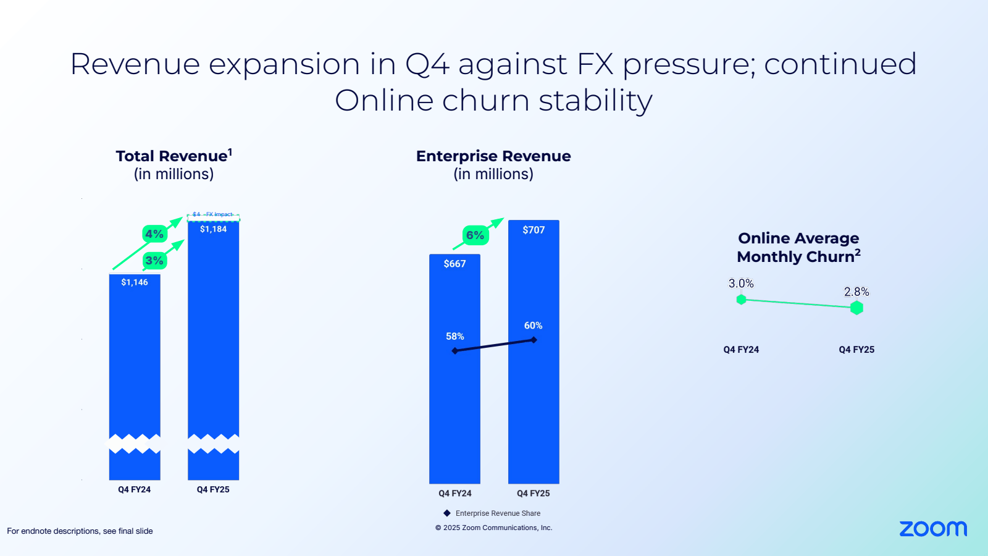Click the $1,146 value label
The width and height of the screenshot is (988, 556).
click(135, 282)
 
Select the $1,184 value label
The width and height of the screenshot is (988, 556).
click(213, 229)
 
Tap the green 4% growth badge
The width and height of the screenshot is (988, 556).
click(154, 234)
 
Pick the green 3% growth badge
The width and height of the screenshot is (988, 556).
click(154, 261)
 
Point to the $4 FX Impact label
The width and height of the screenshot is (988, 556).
click(213, 214)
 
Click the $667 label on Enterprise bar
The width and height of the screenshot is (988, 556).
click(454, 264)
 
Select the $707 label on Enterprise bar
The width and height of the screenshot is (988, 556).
click(534, 230)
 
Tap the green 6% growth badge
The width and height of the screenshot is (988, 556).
click(475, 235)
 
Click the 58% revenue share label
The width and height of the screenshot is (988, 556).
click(454, 336)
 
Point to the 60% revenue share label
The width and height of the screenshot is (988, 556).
click(533, 326)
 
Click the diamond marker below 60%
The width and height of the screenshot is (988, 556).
click(534, 340)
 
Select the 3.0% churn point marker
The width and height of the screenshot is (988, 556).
click(741, 300)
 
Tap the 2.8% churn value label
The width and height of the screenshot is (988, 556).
click(856, 292)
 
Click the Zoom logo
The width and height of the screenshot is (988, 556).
click(932, 529)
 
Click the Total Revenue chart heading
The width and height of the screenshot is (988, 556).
click(174, 156)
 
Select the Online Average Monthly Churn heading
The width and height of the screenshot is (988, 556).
click(798, 247)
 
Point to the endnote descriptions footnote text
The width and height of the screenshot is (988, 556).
click(80, 531)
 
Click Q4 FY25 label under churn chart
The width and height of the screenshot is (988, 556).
click(856, 350)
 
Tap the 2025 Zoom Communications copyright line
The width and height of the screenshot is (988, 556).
click(494, 528)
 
